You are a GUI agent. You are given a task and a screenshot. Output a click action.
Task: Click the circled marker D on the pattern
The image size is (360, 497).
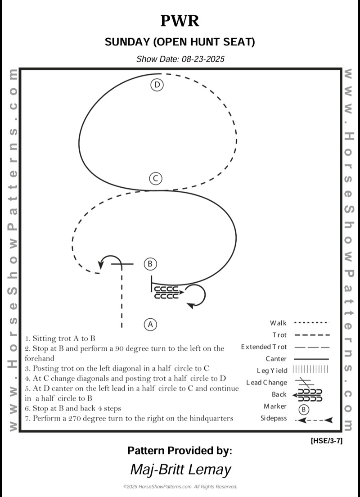(x=157, y=85)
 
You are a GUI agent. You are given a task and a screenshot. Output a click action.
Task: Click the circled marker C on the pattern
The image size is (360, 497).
(x=155, y=179)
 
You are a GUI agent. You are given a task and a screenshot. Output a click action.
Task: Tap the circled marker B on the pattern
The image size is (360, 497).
(x=150, y=264)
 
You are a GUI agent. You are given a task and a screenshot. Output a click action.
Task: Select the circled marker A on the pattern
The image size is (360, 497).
(x=150, y=324)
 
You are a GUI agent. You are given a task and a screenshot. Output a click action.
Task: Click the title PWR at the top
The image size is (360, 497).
(x=180, y=21)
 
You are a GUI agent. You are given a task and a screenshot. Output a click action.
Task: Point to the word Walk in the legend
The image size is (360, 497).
(x=278, y=323)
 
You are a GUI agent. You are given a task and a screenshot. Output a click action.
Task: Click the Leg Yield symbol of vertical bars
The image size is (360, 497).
(x=310, y=370)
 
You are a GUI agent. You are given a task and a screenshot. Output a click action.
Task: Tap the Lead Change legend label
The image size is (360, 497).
(x=266, y=383)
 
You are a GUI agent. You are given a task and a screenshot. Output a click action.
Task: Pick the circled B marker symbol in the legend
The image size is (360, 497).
(x=304, y=409)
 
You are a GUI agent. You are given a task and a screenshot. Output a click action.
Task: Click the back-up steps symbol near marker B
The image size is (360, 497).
(x=167, y=292)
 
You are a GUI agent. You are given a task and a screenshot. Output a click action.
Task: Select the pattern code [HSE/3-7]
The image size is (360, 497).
(x=326, y=441)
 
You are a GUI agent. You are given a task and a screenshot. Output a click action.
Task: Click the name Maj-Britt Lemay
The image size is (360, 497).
(x=180, y=469)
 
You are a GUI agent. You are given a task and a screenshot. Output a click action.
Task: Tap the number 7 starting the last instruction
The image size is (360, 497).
(x=27, y=418)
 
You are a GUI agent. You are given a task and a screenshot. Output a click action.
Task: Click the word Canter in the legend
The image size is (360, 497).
(x=276, y=359)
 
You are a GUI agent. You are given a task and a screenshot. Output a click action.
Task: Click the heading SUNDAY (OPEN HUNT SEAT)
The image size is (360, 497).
(x=180, y=42)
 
